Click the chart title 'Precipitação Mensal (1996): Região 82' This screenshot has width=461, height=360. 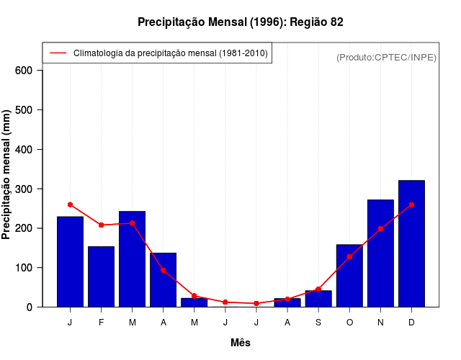tap(241, 22)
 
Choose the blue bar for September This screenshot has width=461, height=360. tap(318, 299)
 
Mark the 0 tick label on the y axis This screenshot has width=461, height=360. tap(30, 307)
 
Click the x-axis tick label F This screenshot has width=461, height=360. tap(101, 323)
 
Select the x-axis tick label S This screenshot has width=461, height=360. tap(318, 323)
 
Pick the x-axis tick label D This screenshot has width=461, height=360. tap(411, 323)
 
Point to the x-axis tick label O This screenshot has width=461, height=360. tap(349, 323)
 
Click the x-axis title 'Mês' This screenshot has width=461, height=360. tap(241, 343)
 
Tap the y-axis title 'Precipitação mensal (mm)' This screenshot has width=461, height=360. tap(7, 179)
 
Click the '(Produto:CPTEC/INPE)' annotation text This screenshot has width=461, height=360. tap(386, 58)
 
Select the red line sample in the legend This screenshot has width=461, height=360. tap(58, 53)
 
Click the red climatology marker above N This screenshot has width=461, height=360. tap(380, 229)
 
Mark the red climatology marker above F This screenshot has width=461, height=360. tap(101, 225)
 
